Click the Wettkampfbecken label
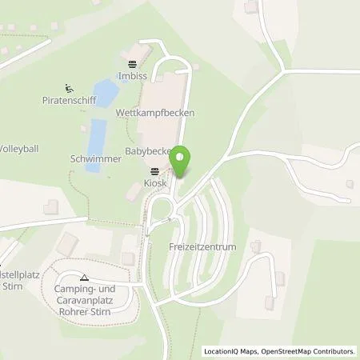pyautogui.click(x=166, y=113)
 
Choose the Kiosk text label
pyautogui.click(x=154, y=183)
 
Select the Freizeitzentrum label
pyautogui.click(x=203, y=247)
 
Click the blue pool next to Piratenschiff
pyautogui.click(x=104, y=94)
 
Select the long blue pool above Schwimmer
pyautogui.click(x=96, y=134)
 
